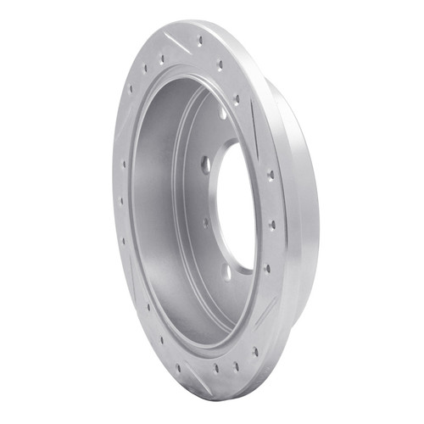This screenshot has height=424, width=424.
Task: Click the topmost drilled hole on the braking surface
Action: tap(200, 41)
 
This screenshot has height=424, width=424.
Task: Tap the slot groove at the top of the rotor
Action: tap(180, 42)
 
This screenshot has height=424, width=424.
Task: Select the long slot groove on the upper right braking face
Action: tap(254, 127)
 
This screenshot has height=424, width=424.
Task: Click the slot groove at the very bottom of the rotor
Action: tap(198, 371)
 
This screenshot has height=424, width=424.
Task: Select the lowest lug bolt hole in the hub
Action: tap(227, 273)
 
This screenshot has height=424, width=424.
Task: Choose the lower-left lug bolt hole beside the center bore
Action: tap(205, 223)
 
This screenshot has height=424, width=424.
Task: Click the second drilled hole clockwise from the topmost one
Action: tap(219, 64)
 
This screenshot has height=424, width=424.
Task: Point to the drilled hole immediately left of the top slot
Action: tap(162, 59)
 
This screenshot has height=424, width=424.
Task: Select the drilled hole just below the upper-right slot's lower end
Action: tap(270, 175)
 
